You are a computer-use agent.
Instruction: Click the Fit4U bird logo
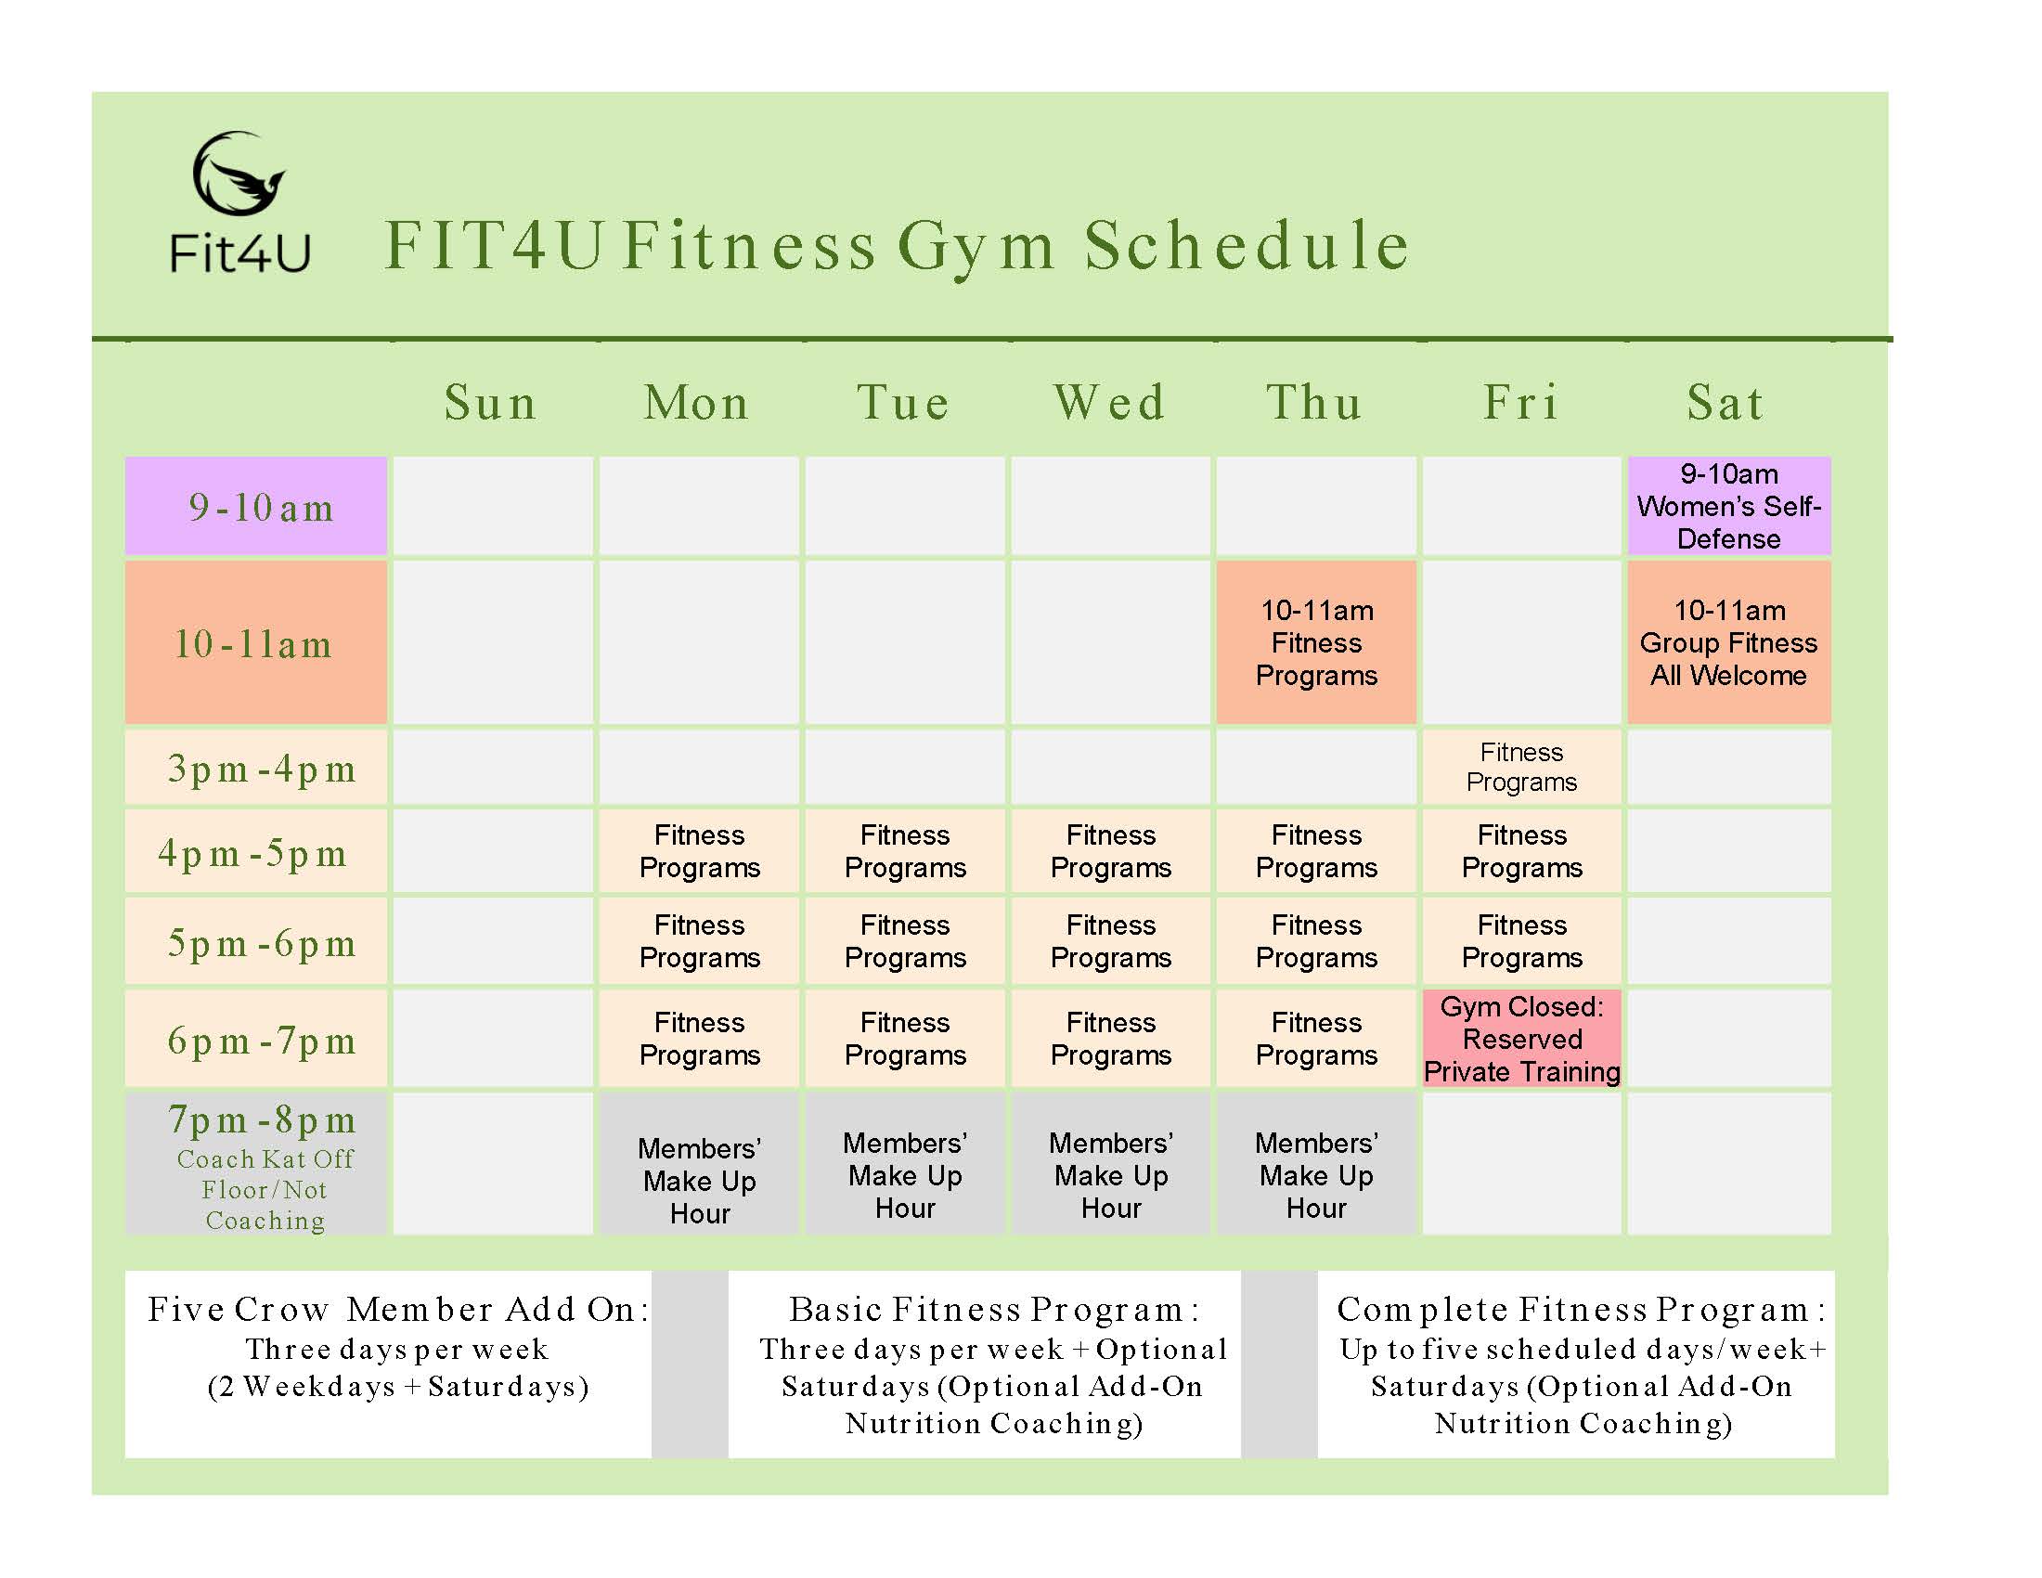[239, 174]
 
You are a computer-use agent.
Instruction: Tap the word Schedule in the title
[1247, 245]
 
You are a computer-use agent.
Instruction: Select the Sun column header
[491, 403]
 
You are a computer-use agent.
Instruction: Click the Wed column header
[1110, 403]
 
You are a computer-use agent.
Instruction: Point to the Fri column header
[1521, 403]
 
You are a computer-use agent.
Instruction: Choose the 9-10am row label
[256, 506]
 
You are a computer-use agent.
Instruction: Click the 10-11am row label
[256, 642]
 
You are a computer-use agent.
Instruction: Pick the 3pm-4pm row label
[256, 768]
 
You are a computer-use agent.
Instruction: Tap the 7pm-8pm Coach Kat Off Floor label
[256, 1163]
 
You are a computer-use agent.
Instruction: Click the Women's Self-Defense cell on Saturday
[1729, 506]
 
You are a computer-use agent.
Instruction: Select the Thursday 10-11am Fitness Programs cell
[1316, 642]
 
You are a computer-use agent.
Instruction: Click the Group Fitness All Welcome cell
[1729, 642]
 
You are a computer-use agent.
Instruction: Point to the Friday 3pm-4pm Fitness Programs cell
[1521, 768]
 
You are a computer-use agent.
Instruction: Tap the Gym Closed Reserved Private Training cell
[1521, 1039]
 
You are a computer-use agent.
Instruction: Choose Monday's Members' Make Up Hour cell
[699, 1163]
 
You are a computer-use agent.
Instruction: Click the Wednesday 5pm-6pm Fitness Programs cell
[1111, 941]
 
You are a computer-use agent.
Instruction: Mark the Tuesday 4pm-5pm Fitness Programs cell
[905, 850]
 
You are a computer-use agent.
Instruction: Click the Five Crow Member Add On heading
[398, 1309]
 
